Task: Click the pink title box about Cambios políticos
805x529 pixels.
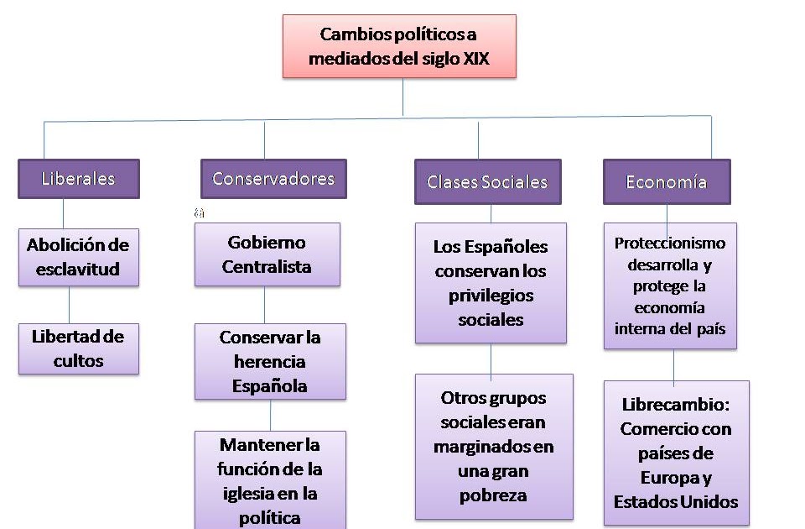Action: coord(399,46)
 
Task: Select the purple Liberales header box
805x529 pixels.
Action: coord(79,179)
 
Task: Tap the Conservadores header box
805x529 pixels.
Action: coord(273,179)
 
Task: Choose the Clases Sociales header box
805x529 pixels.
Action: coord(487,182)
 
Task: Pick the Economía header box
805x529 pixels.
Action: coord(667,181)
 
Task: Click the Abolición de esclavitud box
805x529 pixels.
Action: coord(78,257)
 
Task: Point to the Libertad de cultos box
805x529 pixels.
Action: coord(78,348)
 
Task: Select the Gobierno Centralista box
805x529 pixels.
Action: coord(267,254)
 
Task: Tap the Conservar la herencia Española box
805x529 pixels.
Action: coord(270,361)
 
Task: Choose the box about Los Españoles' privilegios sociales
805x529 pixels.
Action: coord(491,283)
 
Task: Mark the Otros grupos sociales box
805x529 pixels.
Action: coord(494,446)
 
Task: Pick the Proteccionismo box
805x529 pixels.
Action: coord(670,285)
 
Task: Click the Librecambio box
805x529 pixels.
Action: coord(676,453)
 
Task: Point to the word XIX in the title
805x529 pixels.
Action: coord(476,60)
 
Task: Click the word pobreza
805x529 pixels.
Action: coord(493,495)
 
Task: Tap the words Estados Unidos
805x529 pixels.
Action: coord(676,502)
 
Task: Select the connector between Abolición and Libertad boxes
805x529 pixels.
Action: coord(69,305)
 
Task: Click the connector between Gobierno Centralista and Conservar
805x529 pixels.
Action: coord(265,305)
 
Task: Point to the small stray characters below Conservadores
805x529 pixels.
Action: coord(200,213)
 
